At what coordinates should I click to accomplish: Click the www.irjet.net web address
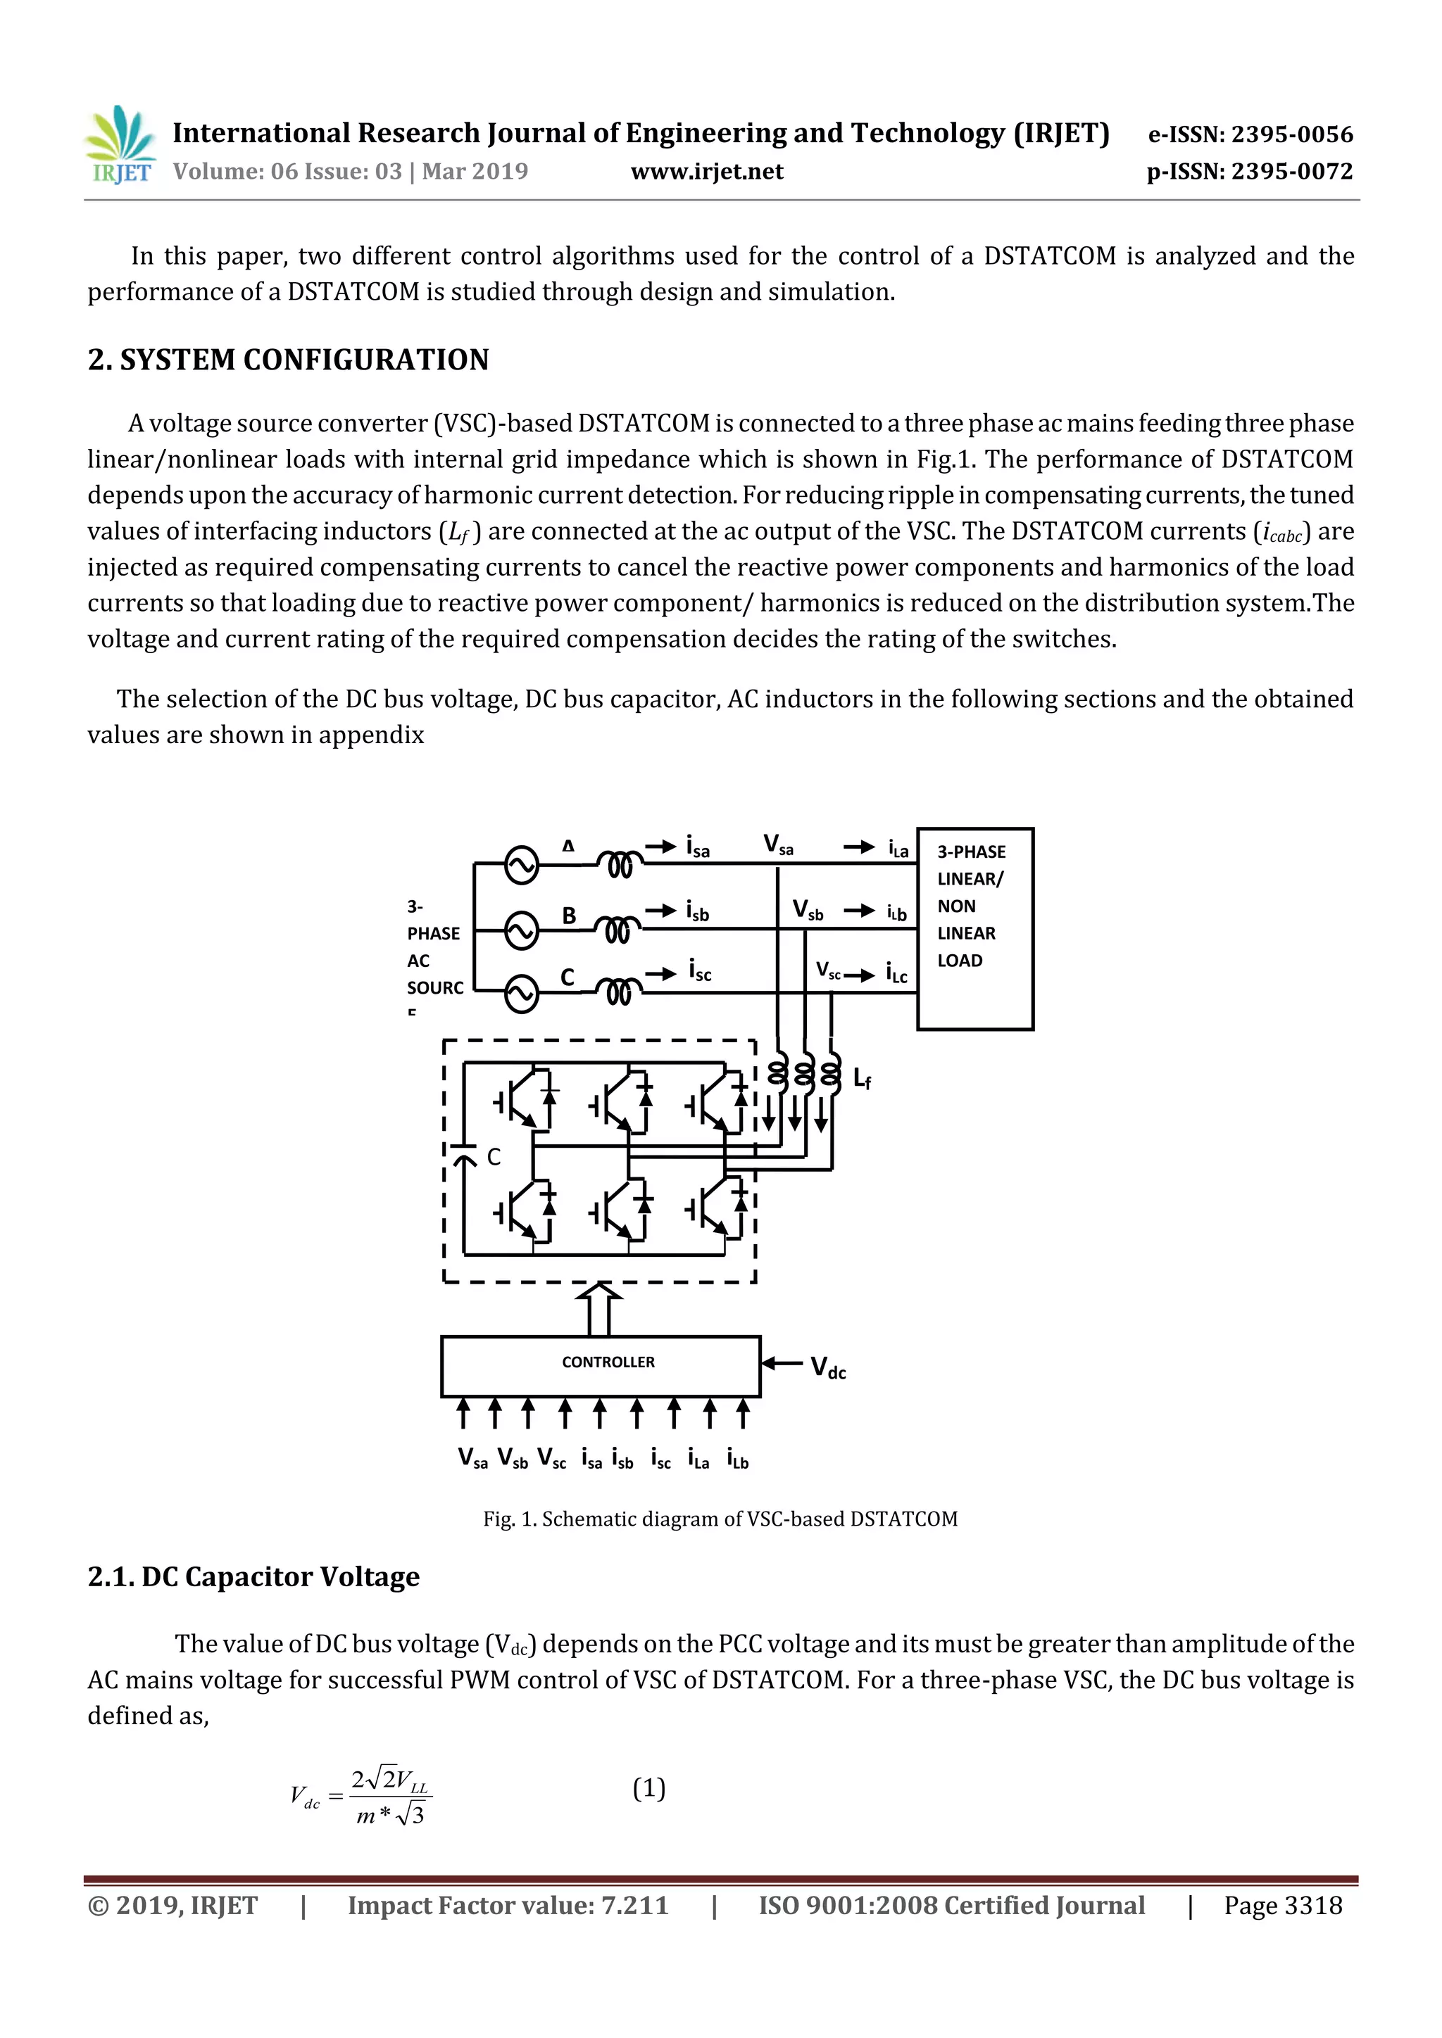pyautogui.click(x=707, y=171)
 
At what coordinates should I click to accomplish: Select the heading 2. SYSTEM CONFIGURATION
pyautogui.click(x=288, y=360)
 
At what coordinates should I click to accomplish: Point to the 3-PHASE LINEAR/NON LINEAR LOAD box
pyautogui.click(x=975, y=928)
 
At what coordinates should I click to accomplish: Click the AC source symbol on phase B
pyautogui.click(x=521, y=930)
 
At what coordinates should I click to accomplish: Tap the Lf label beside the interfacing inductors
pyautogui.click(x=861, y=1079)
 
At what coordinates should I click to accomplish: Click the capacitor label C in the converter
pyautogui.click(x=494, y=1157)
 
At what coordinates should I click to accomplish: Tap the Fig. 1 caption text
pyautogui.click(x=720, y=1519)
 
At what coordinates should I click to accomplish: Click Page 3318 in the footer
pyautogui.click(x=1282, y=1905)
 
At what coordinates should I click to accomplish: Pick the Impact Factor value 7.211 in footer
pyautogui.click(x=507, y=1905)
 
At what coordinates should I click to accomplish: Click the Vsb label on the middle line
pyautogui.click(x=808, y=910)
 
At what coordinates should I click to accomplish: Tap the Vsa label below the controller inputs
pyautogui.click(x=472, y=1457)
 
